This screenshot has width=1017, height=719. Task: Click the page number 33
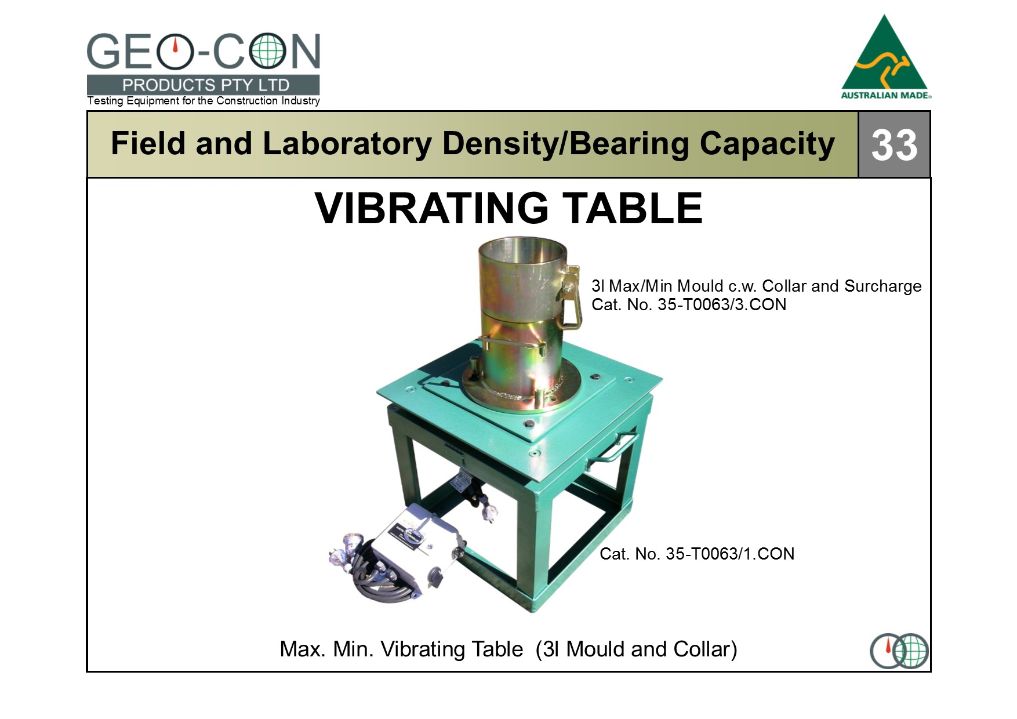[894, 144]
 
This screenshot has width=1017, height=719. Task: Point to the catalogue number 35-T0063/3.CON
[722, 305]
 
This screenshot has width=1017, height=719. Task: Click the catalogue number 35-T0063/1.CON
[730, 554]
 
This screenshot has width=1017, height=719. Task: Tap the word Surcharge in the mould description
[882, 287]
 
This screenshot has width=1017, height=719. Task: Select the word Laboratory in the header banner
[346, 144]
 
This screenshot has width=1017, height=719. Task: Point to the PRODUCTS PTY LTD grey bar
[204, 85]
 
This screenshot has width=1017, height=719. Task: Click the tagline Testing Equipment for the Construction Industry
[204, 101]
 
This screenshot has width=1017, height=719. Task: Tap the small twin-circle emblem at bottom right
[899, 651]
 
